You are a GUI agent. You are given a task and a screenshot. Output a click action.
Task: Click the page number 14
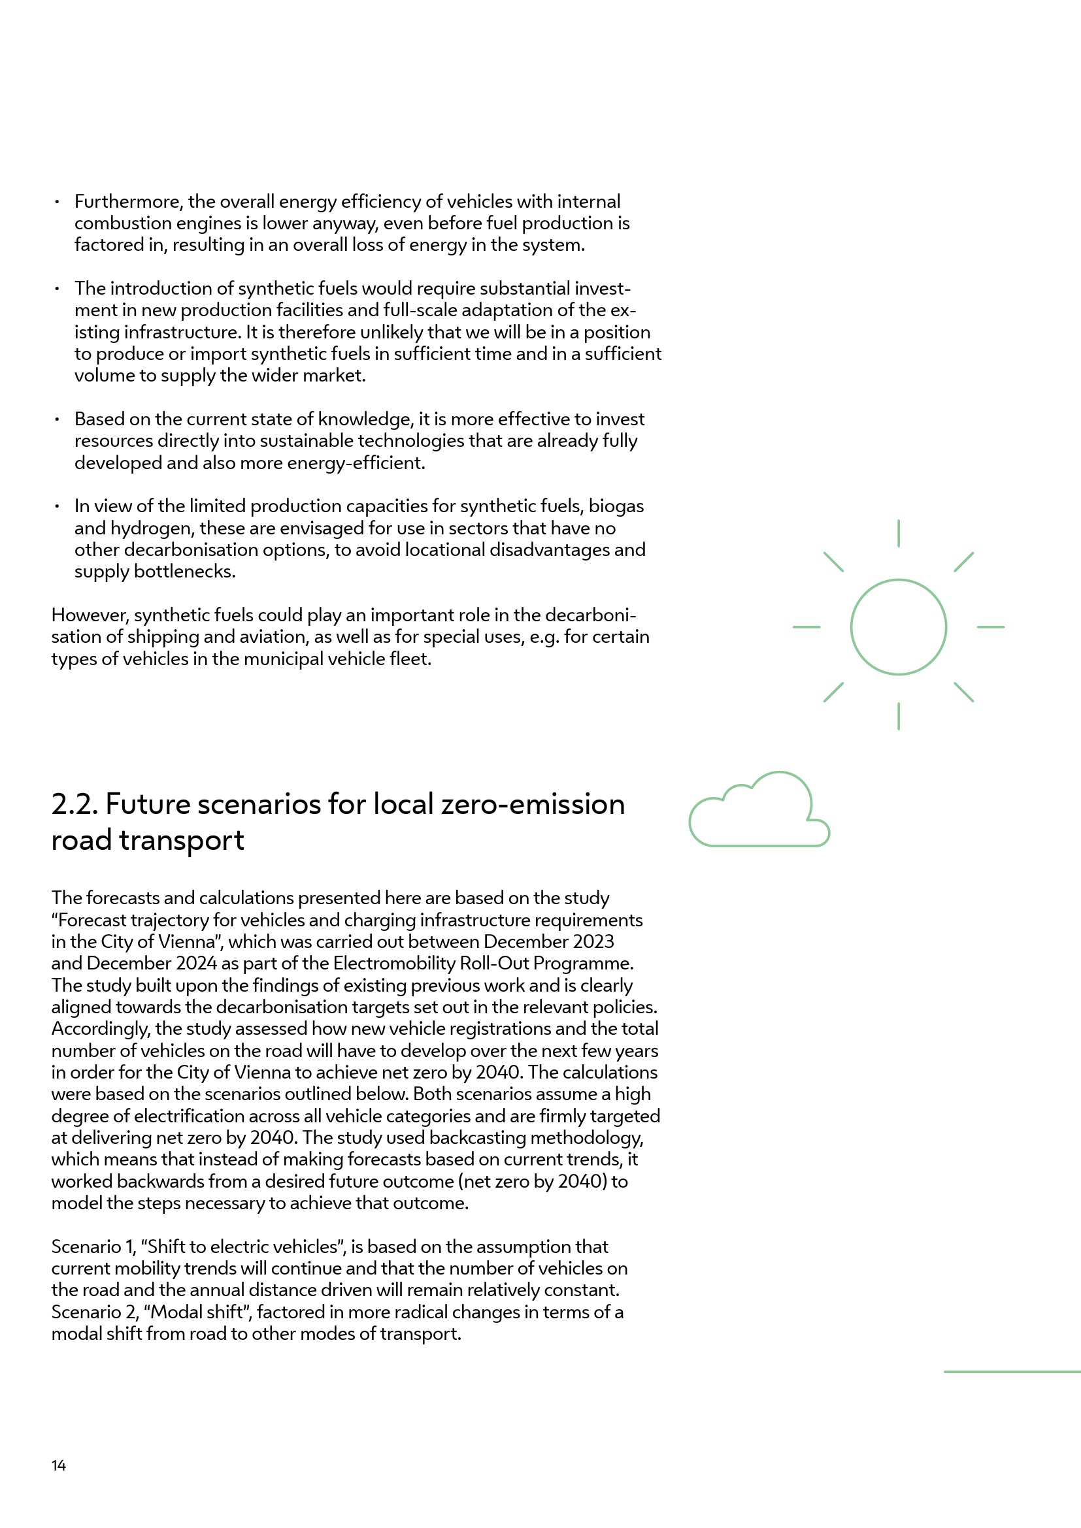pyautogui.click(x=59, y=1465)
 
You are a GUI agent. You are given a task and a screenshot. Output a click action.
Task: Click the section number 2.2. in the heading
pyautogui.click(x=75, y=804)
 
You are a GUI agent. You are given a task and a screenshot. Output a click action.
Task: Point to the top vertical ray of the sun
pyautogui.click(x=899, y=533)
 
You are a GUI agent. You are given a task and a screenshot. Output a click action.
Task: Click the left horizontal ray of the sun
pyautogui.click(x=806, y=627)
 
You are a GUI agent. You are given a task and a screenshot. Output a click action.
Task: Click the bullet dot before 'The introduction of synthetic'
pyautogui.click(x=58, y=289)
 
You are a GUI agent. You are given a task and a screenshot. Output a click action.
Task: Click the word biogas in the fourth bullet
pyautogui.click(x=616, y=506)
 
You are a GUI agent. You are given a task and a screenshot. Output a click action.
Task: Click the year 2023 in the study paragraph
pyautogui.click(x=593, y=942)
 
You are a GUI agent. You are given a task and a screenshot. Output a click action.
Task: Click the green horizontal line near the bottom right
pyautogui.click(x=1012, y=1372)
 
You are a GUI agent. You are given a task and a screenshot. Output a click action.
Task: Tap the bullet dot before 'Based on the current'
pyautogui.click(x=58, y=419)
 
